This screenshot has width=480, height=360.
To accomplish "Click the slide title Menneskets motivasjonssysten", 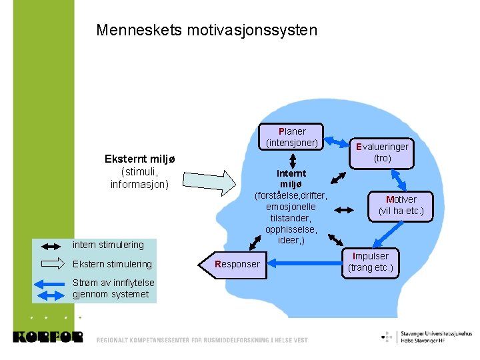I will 207,31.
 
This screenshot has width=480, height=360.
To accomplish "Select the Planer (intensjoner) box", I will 293,137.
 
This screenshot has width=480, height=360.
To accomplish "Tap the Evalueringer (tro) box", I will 382,152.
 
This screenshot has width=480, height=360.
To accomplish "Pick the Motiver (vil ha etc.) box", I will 401,205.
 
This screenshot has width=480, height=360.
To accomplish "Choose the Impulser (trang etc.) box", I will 370,263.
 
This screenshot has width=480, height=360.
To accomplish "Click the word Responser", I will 238,264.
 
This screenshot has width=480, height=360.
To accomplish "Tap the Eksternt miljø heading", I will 139,159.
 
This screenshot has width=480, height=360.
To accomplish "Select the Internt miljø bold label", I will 291,179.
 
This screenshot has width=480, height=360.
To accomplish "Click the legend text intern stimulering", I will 108,245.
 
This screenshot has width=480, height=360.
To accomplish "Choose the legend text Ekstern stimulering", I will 112,264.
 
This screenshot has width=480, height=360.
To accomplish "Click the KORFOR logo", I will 47,337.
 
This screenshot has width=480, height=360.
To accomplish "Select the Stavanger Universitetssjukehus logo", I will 427,336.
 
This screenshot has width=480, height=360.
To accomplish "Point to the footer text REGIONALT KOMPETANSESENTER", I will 202,340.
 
